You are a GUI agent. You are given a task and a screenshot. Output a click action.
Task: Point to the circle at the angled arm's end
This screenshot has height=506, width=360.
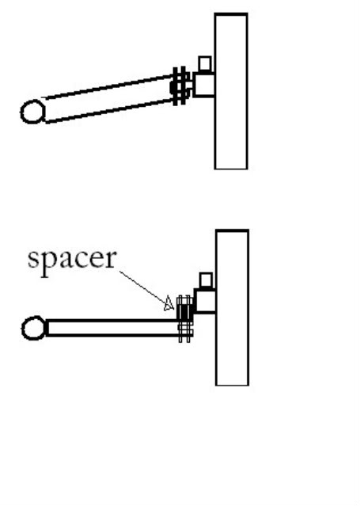(32, 101)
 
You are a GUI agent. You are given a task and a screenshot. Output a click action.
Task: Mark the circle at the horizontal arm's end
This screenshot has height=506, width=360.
(33, 318)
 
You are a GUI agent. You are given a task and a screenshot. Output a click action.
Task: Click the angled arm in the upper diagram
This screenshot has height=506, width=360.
(110, 98)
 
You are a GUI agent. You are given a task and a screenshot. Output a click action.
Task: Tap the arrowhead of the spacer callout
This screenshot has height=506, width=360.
(169, 303)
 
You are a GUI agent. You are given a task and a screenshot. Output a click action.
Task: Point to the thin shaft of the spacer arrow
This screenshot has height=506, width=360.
(143, 287)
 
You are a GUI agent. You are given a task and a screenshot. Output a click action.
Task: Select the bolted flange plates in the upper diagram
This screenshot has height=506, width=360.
(180, 86)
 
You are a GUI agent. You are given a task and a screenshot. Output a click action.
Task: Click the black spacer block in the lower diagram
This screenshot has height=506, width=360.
(184, 312)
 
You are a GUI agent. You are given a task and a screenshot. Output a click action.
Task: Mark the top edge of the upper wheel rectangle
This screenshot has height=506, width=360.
(231, 13)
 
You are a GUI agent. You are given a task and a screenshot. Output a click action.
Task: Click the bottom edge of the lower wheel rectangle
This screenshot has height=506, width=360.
(232, 385)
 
